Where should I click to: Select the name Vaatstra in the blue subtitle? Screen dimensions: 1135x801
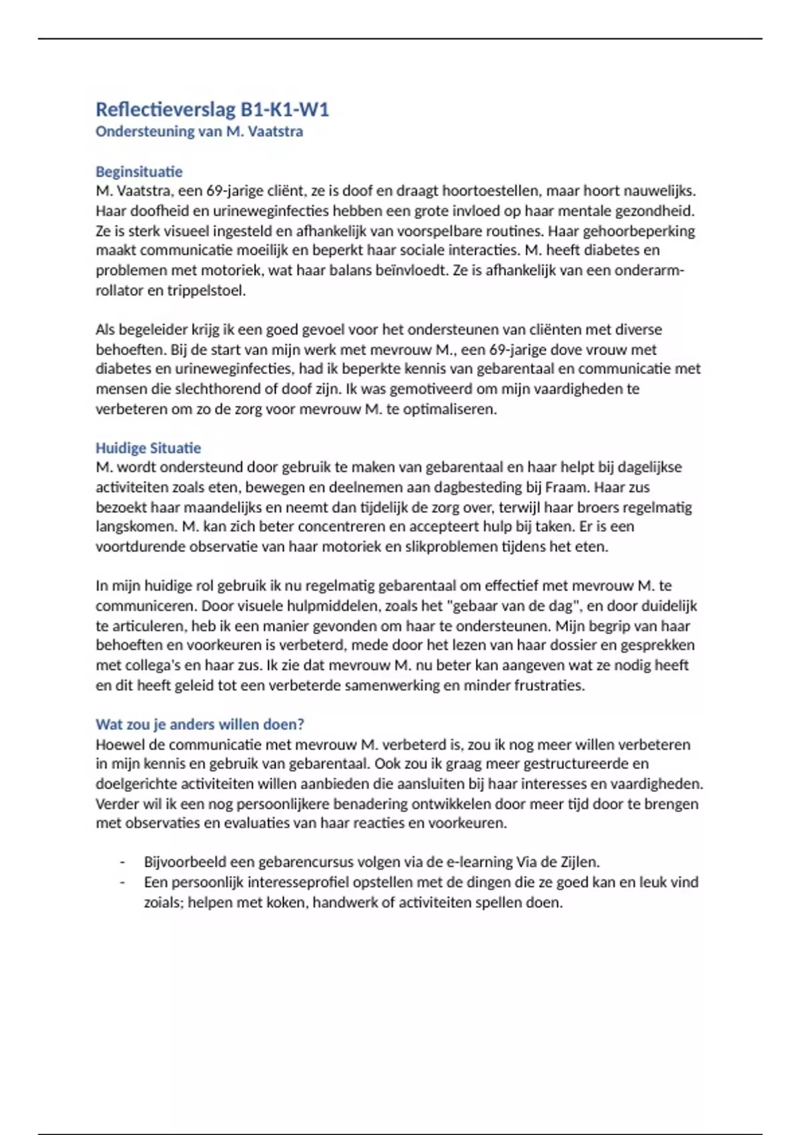[x=275, y=132]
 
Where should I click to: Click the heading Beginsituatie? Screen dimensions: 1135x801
[x=139, y=172]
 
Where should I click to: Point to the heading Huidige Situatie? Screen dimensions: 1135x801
[x=148, y=448]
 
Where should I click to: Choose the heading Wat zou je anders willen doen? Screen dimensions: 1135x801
[x=200, y=724]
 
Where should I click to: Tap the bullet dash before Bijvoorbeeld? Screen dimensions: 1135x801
[x=122, y=862]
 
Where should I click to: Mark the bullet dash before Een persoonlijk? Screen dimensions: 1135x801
[x=122, y=882]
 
